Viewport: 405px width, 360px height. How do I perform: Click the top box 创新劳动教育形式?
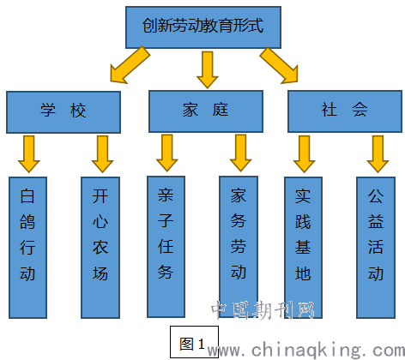(203, 27)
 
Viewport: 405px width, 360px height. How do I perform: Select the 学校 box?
(63, 112)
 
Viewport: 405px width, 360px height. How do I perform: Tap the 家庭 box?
(206, 111)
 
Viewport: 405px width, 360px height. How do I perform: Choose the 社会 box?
(345, 111)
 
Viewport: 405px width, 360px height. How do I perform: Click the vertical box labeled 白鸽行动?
(27, 248)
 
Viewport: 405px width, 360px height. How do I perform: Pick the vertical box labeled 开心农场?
(100, 248)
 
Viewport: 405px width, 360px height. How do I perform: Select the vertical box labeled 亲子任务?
(166, 247)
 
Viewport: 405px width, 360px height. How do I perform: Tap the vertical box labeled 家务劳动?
(239, 247)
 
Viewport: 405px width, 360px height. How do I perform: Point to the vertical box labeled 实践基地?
(303, 248)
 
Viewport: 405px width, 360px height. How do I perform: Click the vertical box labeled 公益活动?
(376, 248)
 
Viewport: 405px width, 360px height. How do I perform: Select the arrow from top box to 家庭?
(208, 69)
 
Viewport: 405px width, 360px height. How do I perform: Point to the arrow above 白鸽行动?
(29, 154)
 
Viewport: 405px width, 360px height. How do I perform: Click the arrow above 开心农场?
(102, 154)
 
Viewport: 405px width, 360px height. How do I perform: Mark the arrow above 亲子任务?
(167, 153)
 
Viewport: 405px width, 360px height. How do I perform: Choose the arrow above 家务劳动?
(240, 153)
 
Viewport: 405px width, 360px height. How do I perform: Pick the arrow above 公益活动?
(378, 154)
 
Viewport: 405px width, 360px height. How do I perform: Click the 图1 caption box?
(195, 342)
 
